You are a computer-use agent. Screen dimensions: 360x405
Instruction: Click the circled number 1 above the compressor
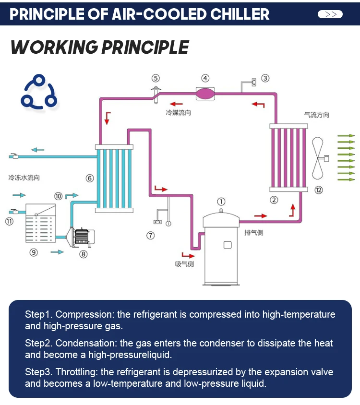[x=221, y=202]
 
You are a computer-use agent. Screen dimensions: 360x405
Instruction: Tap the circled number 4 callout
[x=205, y=78]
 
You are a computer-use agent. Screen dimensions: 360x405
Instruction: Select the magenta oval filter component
[x=205, y=94]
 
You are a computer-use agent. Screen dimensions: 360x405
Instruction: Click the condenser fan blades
[x=318, y=158]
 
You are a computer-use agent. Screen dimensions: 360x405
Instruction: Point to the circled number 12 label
[x=318, y=190]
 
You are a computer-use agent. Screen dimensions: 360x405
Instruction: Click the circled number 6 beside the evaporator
[x=90, y=178]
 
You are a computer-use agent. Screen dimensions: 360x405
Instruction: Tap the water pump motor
[x=84, y=237]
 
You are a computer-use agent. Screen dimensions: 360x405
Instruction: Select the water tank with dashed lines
[x=41, y=223]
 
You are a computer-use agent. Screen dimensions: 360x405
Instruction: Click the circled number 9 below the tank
[x=34, y=252]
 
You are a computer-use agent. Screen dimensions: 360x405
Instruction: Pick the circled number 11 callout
[x=9, y=221]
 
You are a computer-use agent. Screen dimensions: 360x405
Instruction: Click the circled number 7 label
[x=150, y=236]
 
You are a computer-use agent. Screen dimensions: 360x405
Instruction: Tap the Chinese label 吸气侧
[x=184, y=264]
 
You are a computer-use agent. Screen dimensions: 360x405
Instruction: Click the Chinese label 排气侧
[x=254, y=233]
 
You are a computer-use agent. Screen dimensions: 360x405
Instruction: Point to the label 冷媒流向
[x=179, y=113]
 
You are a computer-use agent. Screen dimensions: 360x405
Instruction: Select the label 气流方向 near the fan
[x=317, y=115]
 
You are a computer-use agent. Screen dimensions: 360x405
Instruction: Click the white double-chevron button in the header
[x=330, y=14]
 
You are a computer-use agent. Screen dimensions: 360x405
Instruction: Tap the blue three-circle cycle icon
[x=39, y=92]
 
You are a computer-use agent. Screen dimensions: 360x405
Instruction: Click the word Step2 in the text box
[x=39, y=343]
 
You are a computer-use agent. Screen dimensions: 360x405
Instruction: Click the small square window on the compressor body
[x=228, y=245]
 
